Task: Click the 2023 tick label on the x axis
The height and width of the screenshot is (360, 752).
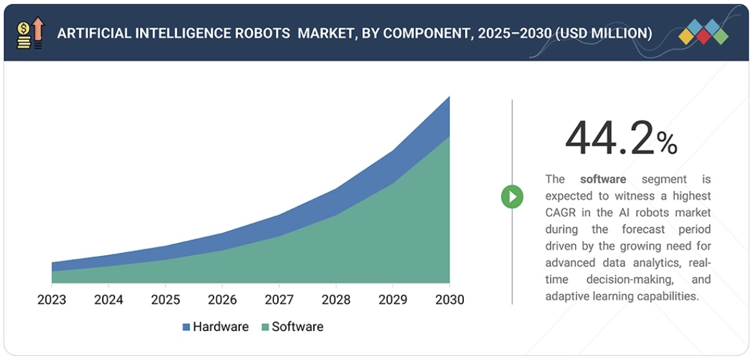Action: pos(51,300)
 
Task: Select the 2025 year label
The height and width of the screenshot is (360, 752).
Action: pos(165,300)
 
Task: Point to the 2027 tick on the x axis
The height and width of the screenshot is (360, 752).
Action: pos(279,300)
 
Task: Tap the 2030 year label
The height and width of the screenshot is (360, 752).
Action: pos(449,300)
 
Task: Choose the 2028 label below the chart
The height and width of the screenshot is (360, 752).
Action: pos(336,300)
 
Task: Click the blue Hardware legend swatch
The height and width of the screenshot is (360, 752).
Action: pos(187,327)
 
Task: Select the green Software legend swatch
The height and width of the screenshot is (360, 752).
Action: pos(265,327)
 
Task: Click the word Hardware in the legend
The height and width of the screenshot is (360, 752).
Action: pos(221,327)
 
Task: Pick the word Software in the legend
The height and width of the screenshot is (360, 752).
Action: pos(297,327)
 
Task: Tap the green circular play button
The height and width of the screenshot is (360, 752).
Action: pos(512,196)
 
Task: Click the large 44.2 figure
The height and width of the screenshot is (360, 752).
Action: pos(609,139)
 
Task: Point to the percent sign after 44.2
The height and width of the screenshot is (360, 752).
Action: pos(666,144)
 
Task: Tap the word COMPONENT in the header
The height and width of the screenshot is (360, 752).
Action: pos(422,33)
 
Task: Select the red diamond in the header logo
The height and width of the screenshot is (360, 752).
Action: pos(703,37)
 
